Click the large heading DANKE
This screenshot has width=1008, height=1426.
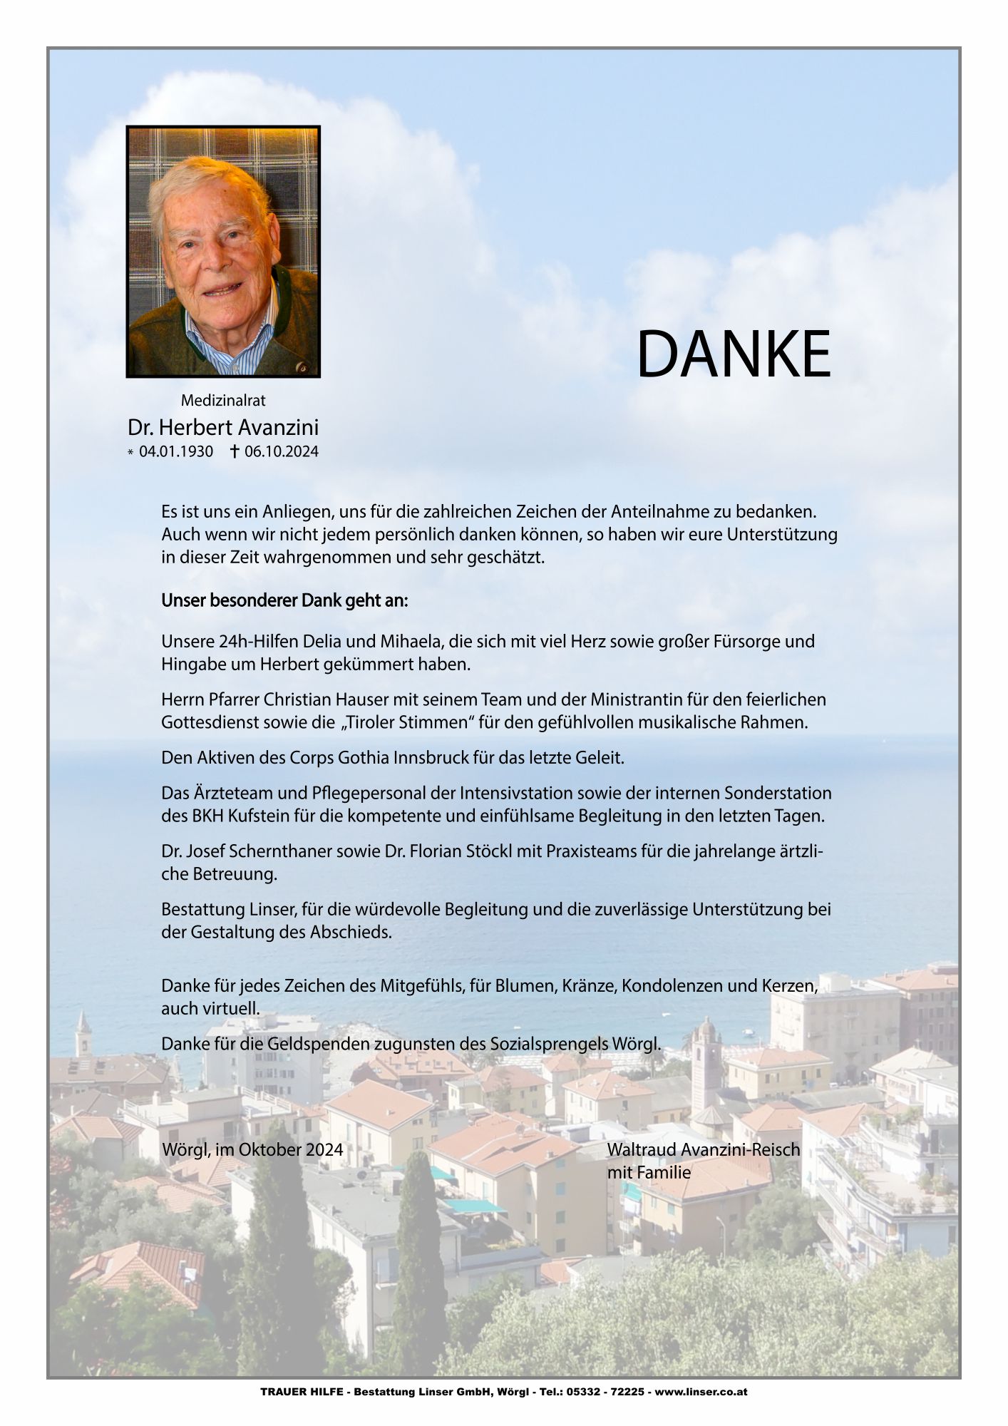(733, 354)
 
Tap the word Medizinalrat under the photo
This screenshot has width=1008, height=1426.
(223, 401)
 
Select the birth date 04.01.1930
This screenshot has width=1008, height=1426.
(175, 451)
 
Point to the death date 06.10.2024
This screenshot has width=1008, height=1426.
(281, 451)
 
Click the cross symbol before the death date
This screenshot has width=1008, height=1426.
(234, 451)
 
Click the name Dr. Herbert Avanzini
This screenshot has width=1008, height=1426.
(223, 427)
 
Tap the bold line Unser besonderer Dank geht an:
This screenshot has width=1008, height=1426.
(284, 600)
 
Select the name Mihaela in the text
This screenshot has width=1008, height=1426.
(410, 641)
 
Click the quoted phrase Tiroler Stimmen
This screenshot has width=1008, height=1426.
(407, 722)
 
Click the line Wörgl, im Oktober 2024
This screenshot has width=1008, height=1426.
(252, 1149)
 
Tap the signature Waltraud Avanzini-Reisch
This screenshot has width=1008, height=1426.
(703, 1149)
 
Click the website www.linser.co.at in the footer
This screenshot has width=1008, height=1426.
(701, 1391)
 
